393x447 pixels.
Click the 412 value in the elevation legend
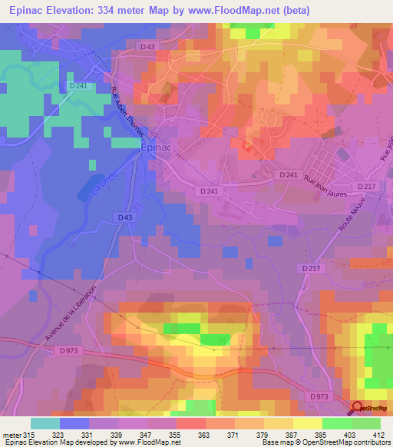click(x=378, y=434)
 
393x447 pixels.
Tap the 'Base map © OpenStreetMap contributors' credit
click(x=325, y=443)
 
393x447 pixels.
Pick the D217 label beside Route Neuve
click(x=309, y=267)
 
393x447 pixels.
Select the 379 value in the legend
click(x=263, y=434)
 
